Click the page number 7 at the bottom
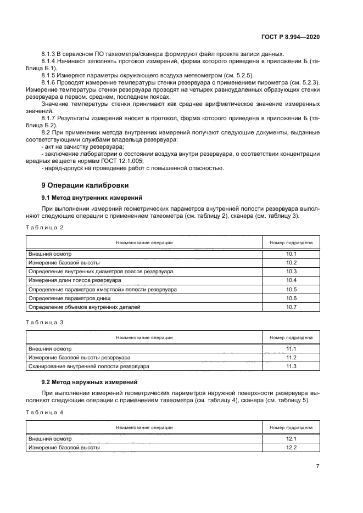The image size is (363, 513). (317, 466)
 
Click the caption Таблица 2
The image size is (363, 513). (45, 227)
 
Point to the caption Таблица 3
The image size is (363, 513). (45, 323)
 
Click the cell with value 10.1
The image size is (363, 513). (291, 254)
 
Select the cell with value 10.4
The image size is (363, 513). (291, 280)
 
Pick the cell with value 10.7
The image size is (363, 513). (291, 307)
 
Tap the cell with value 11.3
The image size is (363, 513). (291, 367)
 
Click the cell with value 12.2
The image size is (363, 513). (291, 448)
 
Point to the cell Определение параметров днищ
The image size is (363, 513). (70, 298)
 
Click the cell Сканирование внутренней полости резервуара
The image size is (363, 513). (88, 367)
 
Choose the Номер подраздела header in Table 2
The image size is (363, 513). (291, 242)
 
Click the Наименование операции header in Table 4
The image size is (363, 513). (144, 427)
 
